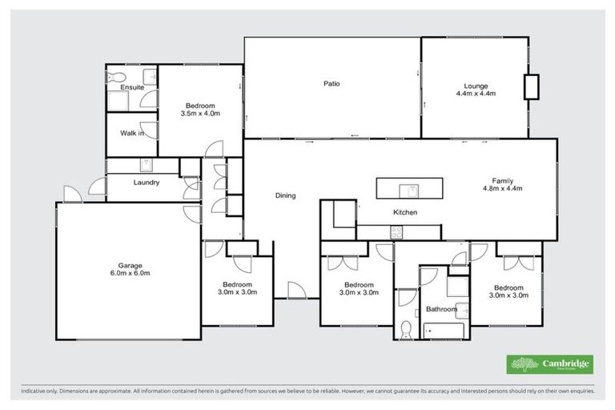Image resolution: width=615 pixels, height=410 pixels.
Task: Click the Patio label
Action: pos(332,84)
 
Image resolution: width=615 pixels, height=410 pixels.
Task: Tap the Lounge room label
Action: pos(476,86)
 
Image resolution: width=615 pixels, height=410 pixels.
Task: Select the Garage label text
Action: pos(129,265)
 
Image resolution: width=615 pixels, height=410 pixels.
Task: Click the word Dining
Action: pos(286,195)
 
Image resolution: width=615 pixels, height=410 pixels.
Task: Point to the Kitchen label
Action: pos(404,212)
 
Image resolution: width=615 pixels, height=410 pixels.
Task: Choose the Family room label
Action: pos(502,181)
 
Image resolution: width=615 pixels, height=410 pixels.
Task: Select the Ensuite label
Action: pos(132,86)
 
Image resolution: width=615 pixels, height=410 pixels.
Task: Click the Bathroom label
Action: pos(441,309)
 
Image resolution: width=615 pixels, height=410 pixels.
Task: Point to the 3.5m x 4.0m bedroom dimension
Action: pos(201,114)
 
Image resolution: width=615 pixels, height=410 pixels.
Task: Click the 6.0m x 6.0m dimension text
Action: pos(129,274)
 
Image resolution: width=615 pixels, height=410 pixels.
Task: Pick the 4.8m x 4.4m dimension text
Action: pos(502,189)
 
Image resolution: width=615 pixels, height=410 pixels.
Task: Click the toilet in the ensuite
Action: pos(114,78)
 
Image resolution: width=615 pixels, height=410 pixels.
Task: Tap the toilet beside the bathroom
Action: pos(406,328)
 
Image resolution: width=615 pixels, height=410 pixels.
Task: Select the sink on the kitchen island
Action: pos(410,190)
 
